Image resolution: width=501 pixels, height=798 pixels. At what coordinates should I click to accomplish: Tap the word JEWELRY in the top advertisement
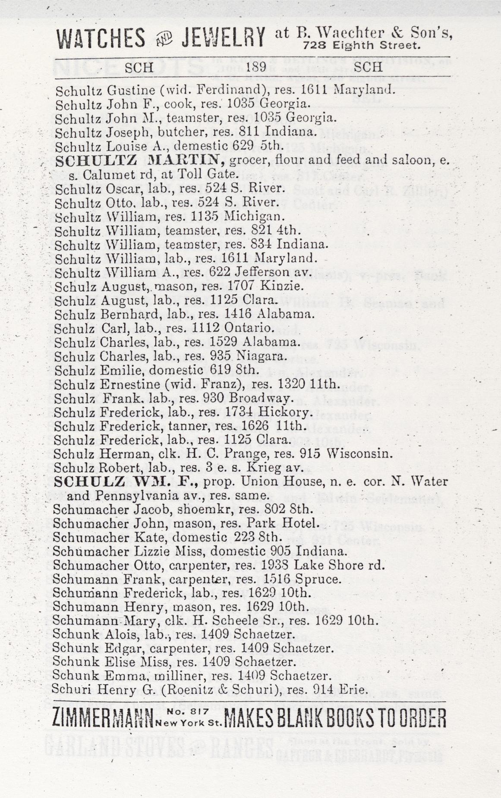click(x=223, y=37)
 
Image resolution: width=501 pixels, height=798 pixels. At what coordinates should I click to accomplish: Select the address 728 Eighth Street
click(x=361, y=45)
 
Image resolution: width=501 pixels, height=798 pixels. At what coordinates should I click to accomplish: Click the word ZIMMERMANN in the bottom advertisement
click(x=103, y=718)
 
